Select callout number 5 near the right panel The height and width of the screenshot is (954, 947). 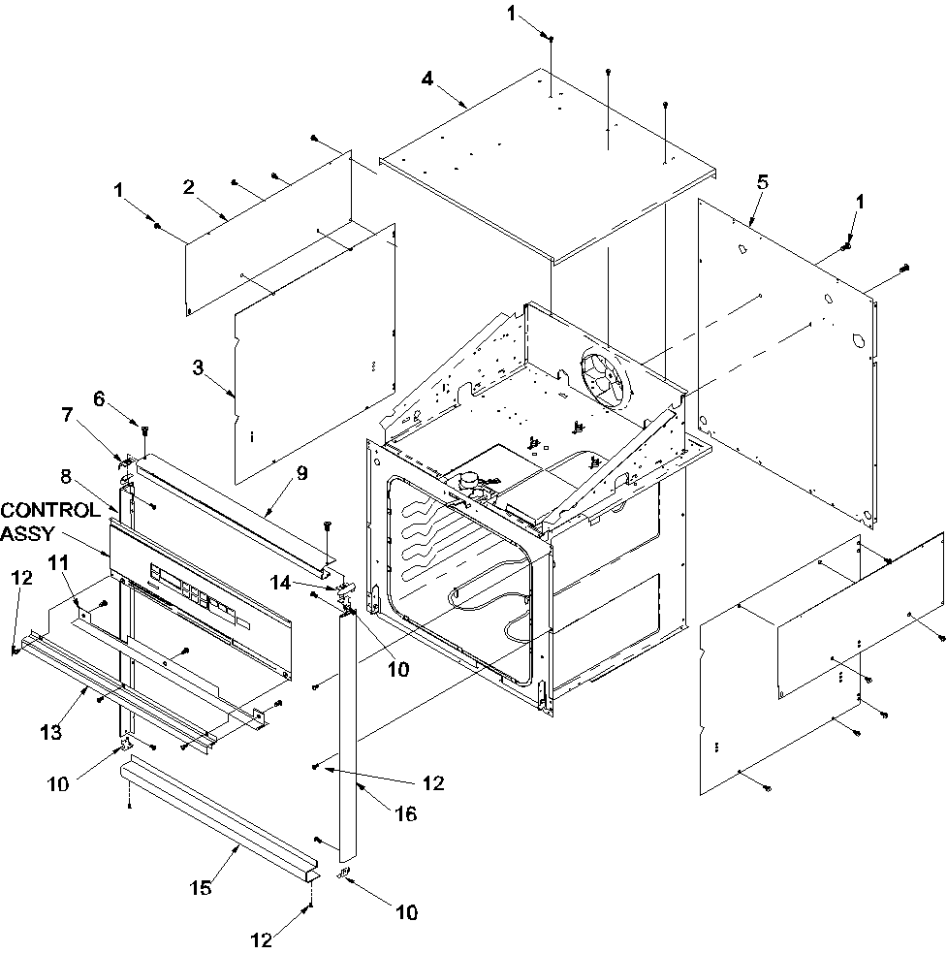(x=762, y=180)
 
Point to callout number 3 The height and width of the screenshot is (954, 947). (x=198, y=366)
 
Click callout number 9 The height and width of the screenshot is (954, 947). (x=301, y=474)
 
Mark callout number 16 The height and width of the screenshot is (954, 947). (x=404, y=814)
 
